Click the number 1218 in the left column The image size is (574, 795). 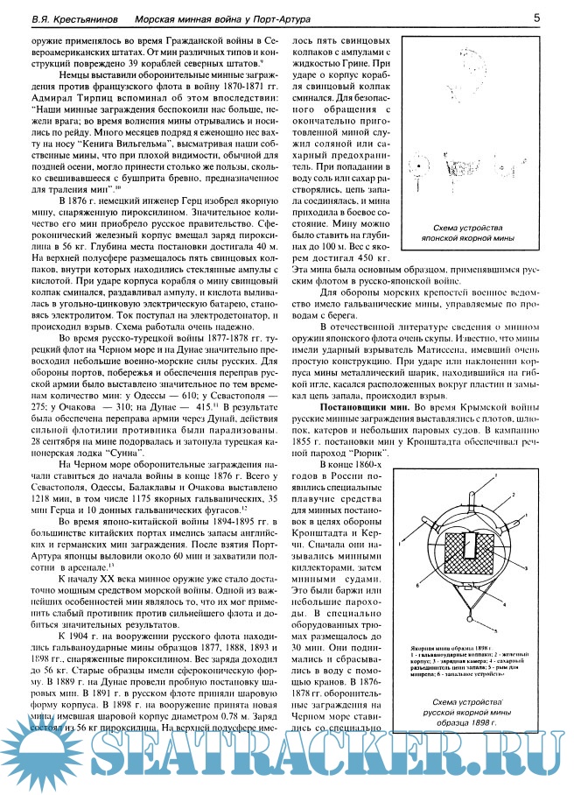[x=32, y=496]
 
